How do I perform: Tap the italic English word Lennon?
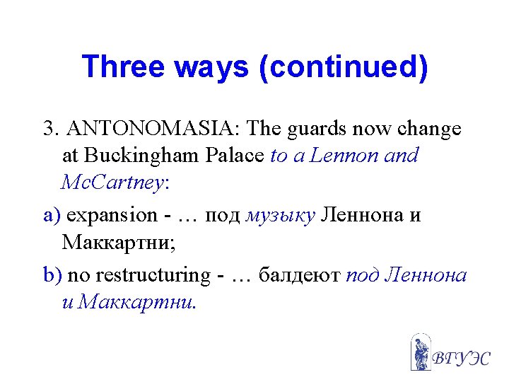tap(344, 156)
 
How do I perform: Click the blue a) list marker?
tap(52, 215)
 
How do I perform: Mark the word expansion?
tap(112, 215)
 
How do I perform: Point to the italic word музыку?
tap(281, 215)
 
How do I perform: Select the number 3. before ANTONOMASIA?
tap(49, 129)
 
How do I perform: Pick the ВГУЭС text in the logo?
tap(460, 357)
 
